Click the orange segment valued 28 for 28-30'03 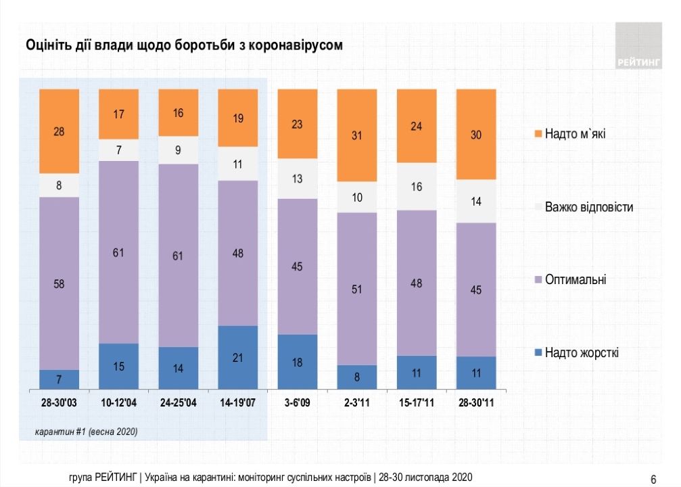[60, 132]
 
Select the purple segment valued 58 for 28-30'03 [60, 283]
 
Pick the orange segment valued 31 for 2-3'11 [356, 136]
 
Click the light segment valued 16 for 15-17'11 [416, 187]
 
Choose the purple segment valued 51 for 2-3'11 [356, 289]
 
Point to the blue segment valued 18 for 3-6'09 [297, 362]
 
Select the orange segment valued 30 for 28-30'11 [476, 135]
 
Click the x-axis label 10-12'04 [118, 403]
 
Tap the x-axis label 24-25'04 [178, 403]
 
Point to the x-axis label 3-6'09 [297, 403]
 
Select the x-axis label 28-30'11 [476, 403]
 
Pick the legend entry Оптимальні [576, 279]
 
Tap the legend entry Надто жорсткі [582, 352]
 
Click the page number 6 [653, 480]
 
